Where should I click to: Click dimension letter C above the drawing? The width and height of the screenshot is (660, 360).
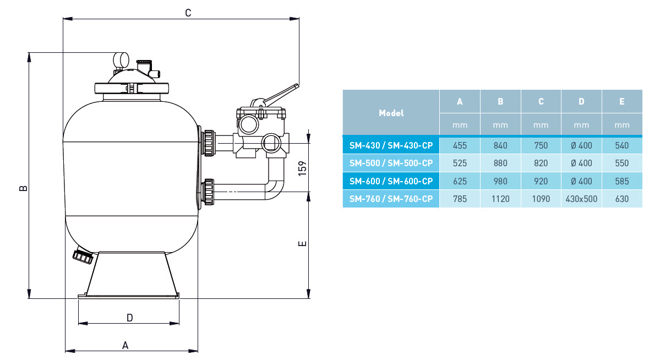tap(188, 13)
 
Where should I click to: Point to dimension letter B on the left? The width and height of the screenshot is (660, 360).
tap(24, 188)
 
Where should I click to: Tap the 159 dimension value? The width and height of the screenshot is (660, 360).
tap(302, 168)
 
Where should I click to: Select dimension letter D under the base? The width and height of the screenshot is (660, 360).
tap(130, 318)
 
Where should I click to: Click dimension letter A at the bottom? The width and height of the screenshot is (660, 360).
tap(125, 346)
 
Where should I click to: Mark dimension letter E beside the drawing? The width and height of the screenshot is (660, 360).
tap(302, 243)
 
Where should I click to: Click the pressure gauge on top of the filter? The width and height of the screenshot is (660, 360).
tap(121, 60)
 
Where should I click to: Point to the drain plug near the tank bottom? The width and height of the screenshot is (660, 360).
tap(83, 256)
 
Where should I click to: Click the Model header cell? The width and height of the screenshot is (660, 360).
tap(391, 113)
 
